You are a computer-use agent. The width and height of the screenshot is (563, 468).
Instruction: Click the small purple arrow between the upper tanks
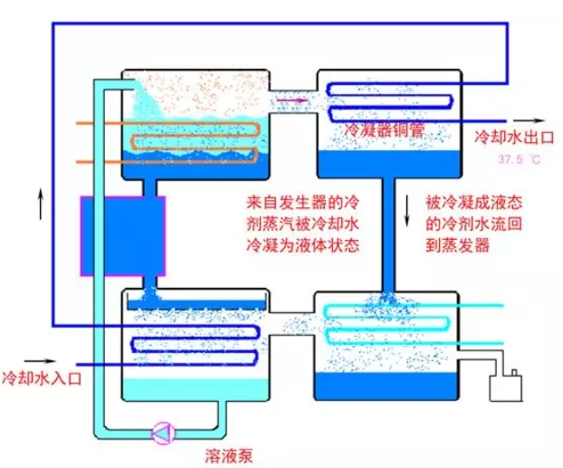(x=288, y=100)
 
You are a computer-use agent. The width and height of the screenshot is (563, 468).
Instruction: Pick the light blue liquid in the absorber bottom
(x=195, y=389)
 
